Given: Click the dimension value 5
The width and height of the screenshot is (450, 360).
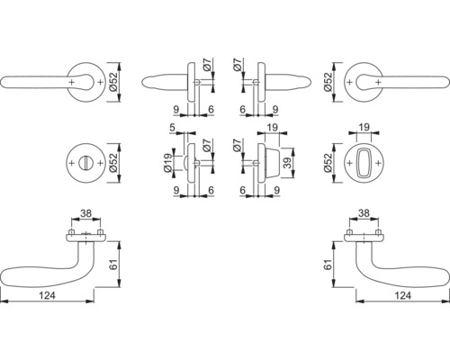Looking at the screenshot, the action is pyautogui.click(x=172, y=128).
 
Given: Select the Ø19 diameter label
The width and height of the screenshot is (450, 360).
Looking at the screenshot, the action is pyautogui.click(x=168, y=163).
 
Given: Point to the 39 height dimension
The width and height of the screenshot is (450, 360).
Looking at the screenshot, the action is pyautogui.click(x=288, y=163).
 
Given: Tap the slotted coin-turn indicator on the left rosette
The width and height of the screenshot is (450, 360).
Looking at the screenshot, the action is pyautogui.click(x=85, y=163).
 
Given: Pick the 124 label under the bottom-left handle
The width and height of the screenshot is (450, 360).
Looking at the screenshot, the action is pyautogui.click(x=48, y=295).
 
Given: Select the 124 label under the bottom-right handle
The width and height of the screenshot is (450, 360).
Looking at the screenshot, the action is pyautogui.click(x=402, y=295).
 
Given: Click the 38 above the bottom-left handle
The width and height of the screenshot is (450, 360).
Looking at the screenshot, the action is pyautogui.click(x=85, y=213).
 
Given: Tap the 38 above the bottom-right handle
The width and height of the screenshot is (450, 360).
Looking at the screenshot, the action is pyautogui.click(x=364, y=213).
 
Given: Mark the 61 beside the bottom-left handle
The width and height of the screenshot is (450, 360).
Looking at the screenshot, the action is pyautogui.click(x=114, y=264).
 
